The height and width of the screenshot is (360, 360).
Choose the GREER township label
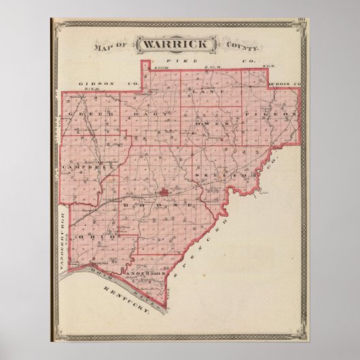tap(90, 113)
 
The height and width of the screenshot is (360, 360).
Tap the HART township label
tap(145, 113)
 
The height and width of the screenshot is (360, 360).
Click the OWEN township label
tap(207, 126)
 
